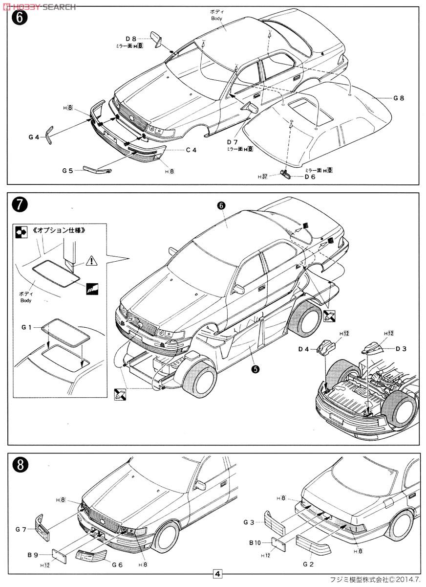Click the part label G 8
click(399, 98)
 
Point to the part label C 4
click(191, 150)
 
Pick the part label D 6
click(310, 177)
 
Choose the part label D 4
click(304, 349)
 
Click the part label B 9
click(33, 555)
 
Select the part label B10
click(255, 542)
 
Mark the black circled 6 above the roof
click(220, 206)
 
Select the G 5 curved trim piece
click(98, 169)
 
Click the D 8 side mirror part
click(157, 40)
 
